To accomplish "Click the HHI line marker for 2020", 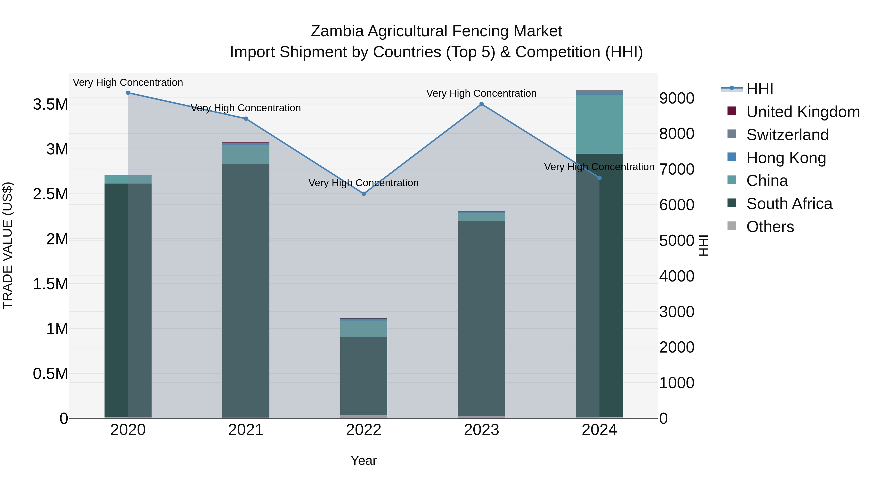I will click(128, 93).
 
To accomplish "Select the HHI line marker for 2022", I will click(364, 194).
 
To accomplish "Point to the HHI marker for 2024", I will click(599, 178).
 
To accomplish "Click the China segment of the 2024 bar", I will click(599, 124).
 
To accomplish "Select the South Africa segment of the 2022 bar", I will click(364, 376).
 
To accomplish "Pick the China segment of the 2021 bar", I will click(246, 154).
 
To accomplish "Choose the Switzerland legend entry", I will click(787, 135).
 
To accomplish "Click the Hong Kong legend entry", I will click(786, 158).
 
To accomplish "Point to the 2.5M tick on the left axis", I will click(50, 194).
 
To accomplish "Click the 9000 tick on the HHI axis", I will click(676, 98).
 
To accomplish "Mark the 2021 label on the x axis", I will click(246, 430).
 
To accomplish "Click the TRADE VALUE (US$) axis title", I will click(8, 245).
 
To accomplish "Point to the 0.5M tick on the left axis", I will click(50, 374).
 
